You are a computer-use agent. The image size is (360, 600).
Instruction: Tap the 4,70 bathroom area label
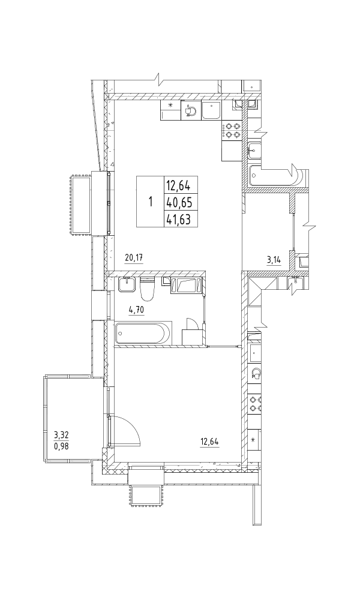tap(137, 310)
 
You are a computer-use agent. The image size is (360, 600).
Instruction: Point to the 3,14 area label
tap(274, 260)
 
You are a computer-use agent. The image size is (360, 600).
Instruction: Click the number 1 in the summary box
tap(151, 201)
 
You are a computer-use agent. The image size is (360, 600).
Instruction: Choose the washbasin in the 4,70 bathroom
tap(127, 284)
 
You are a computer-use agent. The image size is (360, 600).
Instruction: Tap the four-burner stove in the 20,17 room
tap(232, 130)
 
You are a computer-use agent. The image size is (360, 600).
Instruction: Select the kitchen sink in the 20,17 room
tap(211, 111)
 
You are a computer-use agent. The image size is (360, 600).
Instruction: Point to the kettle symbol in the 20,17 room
tap(191, 110)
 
